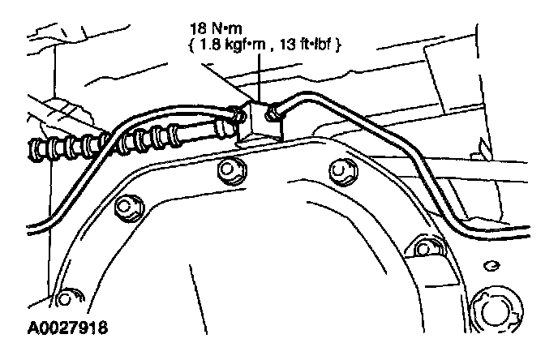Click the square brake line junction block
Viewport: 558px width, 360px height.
258,120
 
